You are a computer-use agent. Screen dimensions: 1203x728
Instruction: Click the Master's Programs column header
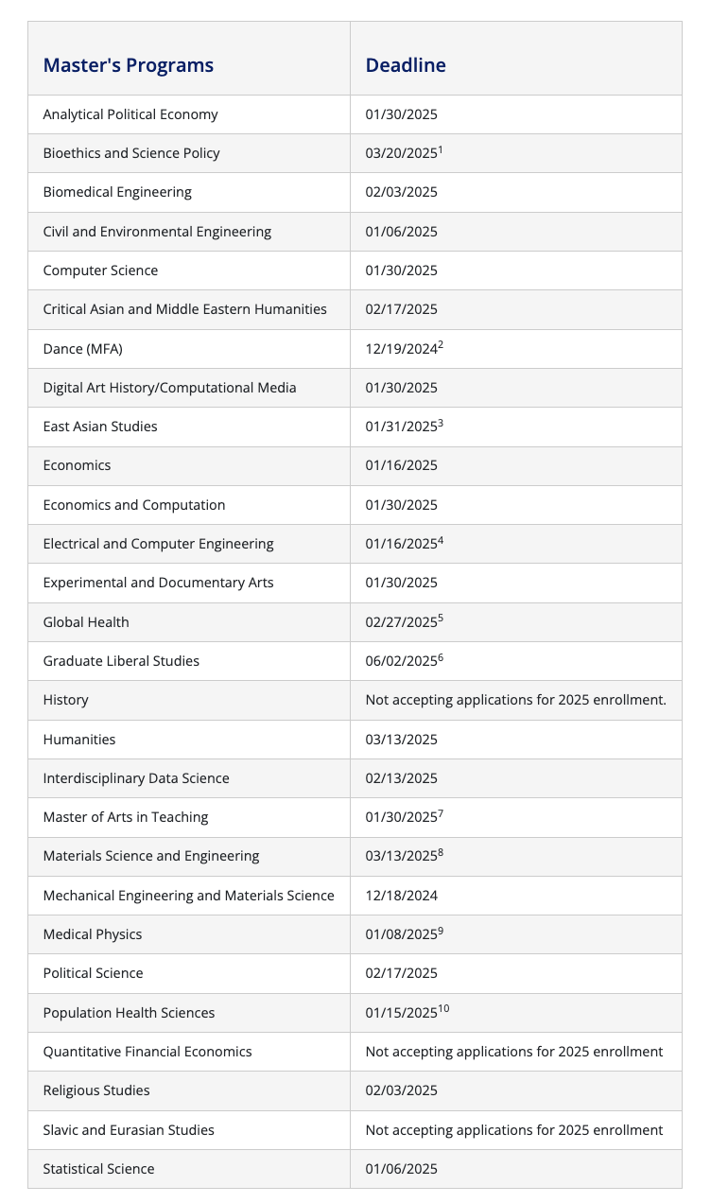[129, 65]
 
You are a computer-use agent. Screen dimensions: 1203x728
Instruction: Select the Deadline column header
[406, 65]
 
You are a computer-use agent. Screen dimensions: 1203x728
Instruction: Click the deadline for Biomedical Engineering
[402, 192]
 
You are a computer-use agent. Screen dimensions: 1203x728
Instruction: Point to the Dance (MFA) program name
[83, 349]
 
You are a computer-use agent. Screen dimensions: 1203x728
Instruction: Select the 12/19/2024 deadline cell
[402, 349]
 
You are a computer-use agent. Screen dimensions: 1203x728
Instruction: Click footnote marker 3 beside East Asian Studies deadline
[441, 423]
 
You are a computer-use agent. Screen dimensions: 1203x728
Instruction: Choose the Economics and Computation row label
[134, 505]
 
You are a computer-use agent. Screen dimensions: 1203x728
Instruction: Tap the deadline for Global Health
[402, 622]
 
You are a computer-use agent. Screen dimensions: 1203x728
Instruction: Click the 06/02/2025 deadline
[402, 661]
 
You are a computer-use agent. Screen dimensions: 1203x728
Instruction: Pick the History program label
[66, 700]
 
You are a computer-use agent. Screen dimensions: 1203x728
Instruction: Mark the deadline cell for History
[515, 700]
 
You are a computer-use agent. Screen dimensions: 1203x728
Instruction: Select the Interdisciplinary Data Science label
[136, 778]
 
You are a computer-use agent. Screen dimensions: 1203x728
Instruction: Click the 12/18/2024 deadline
[402, 896]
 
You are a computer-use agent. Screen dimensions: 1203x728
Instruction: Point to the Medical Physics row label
[93, 934]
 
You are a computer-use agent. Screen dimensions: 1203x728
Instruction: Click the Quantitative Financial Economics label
[147, 1052]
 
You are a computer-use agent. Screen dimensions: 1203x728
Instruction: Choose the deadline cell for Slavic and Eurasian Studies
[514, 1130]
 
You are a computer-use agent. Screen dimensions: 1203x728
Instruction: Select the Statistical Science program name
[99, 1169]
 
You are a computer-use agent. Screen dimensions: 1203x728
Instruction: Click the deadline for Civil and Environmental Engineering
[402, 232]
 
